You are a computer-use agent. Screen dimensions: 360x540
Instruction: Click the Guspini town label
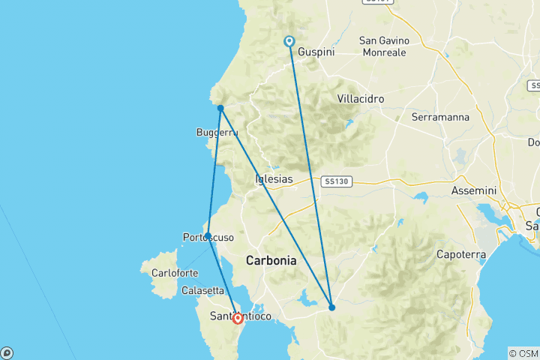point(316,52)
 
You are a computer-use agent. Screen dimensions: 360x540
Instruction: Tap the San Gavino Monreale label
point(383,46)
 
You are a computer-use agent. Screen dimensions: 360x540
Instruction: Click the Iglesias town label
point(274,179)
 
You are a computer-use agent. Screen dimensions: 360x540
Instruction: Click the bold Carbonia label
point(271,261)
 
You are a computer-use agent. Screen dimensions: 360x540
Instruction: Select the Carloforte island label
point(175,273)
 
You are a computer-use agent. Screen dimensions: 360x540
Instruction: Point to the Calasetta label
point(202,290)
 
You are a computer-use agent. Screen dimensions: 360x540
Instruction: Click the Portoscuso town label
point(208,238)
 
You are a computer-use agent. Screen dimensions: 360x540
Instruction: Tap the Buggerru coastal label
point(217,133)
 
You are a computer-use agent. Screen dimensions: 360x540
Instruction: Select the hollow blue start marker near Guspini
point(289,41)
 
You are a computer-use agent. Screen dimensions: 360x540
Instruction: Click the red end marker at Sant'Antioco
point(238,318)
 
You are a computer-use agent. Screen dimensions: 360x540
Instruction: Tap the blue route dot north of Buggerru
point(220,108)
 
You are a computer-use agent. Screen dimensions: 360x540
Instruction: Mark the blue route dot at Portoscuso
point(207,235)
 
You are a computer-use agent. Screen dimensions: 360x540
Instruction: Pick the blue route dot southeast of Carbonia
point(332,307)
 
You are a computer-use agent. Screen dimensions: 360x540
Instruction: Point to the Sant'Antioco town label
point(241,316)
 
